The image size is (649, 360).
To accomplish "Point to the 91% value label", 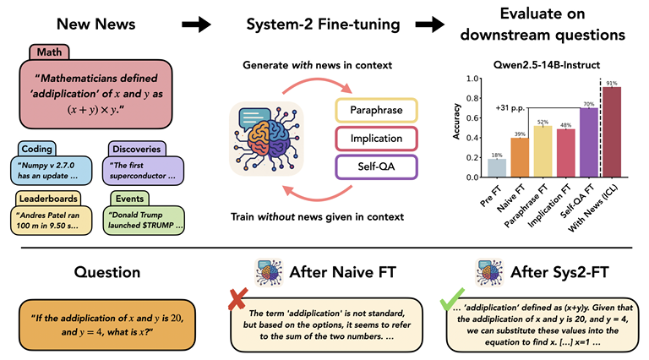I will [x=611, y=82].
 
